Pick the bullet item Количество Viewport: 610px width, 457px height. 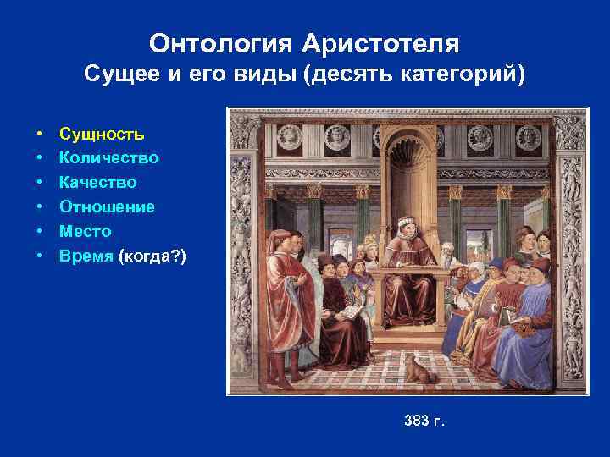tap(108, 158)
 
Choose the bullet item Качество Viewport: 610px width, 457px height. tap(97, 182)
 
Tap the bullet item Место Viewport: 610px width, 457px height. tap(85, 231)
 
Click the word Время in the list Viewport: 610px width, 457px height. tap(86, 256)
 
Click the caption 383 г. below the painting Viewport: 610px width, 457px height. tap(424, 421)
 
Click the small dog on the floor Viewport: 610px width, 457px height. tap(416, 368)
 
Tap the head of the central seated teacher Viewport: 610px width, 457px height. tap(408, 226)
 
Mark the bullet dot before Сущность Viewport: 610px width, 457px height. tap(40, 134)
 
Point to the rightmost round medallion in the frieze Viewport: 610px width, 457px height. tap(528, 135)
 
